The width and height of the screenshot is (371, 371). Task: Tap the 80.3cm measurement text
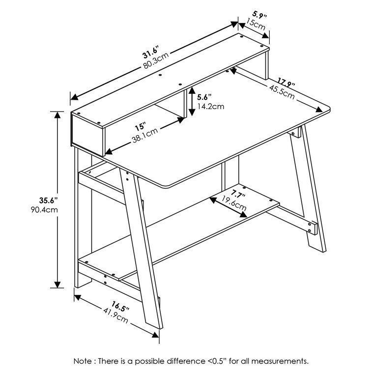pyautogui.click(x=156, y=61)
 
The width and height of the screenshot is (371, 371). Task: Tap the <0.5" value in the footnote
pyautogui.click(x=200, y=361)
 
